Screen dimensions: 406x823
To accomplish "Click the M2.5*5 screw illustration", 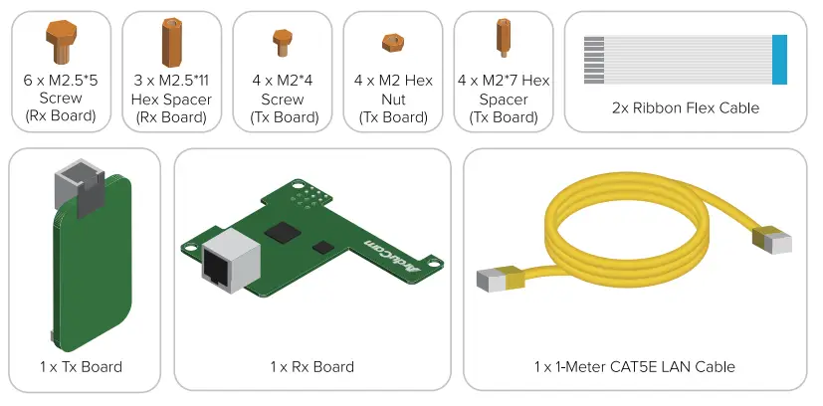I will coord(60,43).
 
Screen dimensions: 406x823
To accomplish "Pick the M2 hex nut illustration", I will coord(391,43).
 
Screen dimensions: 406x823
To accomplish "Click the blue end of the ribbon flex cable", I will coord(779,59).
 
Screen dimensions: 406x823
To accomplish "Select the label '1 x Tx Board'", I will coord(81,366).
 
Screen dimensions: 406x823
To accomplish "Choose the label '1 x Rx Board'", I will coord(311,366).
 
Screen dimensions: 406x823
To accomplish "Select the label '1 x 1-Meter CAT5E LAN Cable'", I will coord(634,366).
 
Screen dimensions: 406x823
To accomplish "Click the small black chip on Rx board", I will coord(321,246).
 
